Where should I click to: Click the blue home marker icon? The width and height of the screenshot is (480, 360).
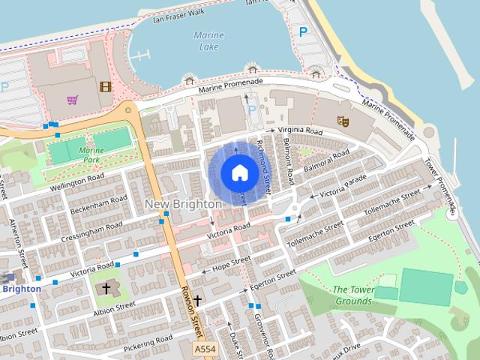tap(239, 173)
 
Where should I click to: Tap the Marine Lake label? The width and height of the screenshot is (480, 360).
tap(208, 41)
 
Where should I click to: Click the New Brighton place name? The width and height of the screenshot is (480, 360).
tap(183, 204)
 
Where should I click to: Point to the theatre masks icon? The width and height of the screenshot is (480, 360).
tap(343, 120)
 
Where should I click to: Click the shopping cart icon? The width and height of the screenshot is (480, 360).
tap(72, 99)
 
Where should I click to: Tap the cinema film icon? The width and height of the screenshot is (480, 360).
tap(105, 86)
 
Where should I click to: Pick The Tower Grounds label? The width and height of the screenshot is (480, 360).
tap(352, 295)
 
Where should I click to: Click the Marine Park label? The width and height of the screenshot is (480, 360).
tap(91, 154)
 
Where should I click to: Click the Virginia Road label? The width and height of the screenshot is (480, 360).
tap(299, 130)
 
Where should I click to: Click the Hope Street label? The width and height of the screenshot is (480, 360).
tap(231, 263)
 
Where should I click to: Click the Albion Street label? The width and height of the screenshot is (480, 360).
tap(114, 308)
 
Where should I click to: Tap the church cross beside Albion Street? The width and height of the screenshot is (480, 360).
tap(106, 289)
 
